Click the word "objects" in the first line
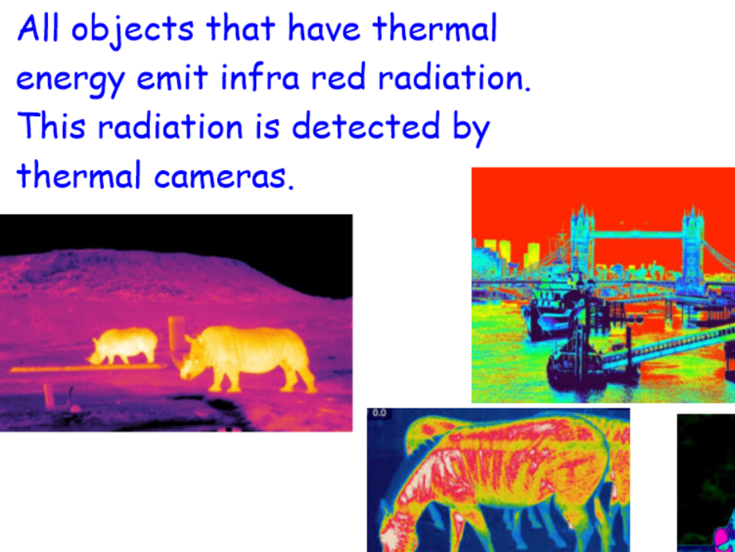[133, 30]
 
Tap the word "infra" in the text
[259, 76]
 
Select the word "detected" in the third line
[365, 125]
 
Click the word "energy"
[70, 80]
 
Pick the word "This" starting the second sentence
[51, 125]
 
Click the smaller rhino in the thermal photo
[124, 346]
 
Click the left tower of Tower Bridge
[582, 243]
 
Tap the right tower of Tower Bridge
[693, 245]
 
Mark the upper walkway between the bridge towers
[638, 234]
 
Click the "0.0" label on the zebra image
[379, 414]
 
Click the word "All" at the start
[38, 28]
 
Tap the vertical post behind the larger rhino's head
[176, 337]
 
